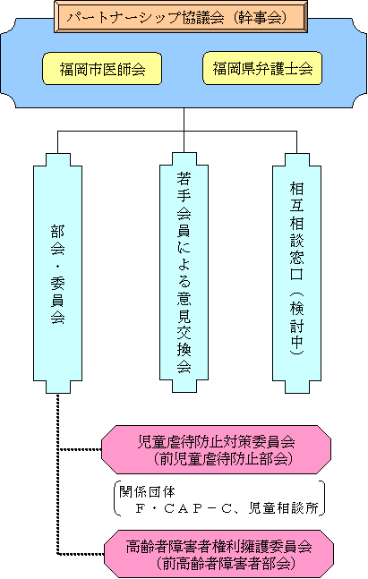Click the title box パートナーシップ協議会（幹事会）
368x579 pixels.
(x=181, y=17)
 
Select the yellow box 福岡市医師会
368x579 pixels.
(x=102, y=69)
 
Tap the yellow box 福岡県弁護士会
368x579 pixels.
(x=262, y=68)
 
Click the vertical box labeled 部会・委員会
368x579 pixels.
(x=57, y=273)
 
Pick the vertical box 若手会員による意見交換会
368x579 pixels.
(x=184, y=273)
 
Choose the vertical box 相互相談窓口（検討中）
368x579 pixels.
(x=296, y=273)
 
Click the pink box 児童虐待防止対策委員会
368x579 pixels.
(x=216, y=450)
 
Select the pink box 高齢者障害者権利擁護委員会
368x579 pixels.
(x=218, y=554)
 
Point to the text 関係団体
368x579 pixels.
(x=147, y=492)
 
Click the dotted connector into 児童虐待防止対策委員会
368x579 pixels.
(x=80, y=450)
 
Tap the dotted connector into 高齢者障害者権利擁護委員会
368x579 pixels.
(x=81, y=554)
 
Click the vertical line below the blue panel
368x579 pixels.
(x=184, y=120)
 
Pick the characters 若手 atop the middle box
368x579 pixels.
(x=184, y=187)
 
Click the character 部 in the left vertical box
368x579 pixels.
(x=57, y=232)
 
